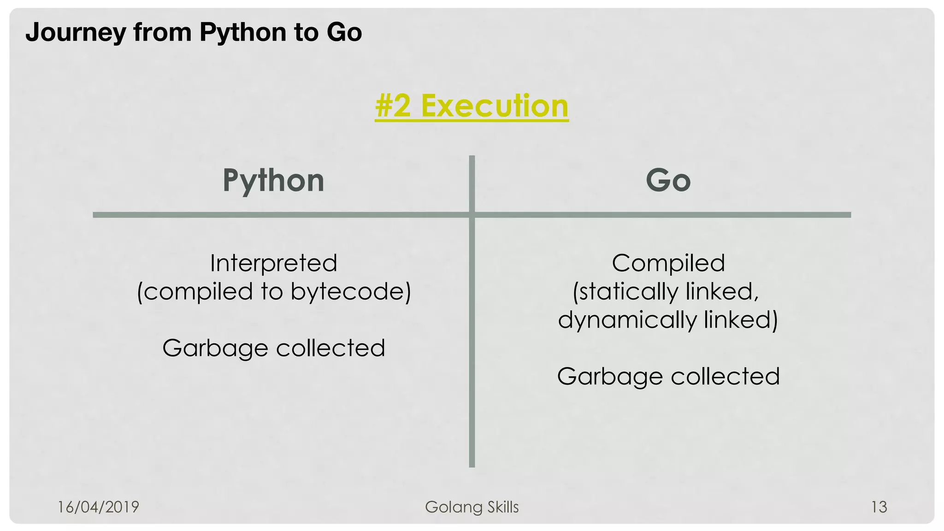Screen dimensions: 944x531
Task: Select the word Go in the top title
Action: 344,33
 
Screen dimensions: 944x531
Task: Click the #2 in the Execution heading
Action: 393,106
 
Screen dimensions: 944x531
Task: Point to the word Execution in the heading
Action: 495,106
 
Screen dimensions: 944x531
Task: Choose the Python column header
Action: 273,181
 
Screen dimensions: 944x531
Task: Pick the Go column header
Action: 668,181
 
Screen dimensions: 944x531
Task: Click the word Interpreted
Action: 273,263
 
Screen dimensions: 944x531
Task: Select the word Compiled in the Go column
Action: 668,263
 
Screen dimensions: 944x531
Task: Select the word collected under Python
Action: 330,348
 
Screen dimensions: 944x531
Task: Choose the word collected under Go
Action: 725,376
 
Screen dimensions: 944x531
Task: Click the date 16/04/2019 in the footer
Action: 98,507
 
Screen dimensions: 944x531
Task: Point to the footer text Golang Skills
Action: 472,507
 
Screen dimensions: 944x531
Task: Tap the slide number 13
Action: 879,507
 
